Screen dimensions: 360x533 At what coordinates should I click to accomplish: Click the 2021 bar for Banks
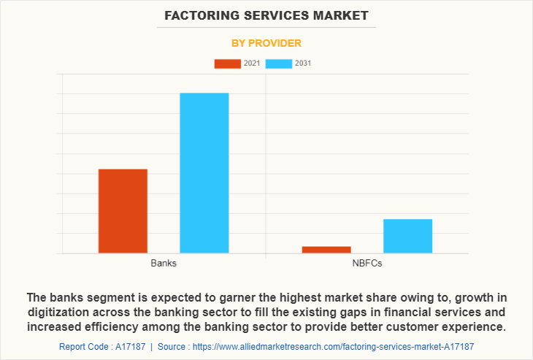pos(123,211)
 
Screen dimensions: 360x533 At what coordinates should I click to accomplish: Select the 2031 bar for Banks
pos(204,173)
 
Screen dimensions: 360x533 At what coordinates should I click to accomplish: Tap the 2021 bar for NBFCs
pos(326,250)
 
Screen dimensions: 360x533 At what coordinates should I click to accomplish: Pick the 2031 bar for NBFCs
pos(407,236)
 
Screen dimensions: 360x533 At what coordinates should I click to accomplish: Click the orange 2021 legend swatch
pos(227,64)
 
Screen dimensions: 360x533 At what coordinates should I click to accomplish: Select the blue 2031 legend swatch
pos(278,64)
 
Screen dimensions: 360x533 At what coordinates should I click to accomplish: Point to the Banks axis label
pos(164,263)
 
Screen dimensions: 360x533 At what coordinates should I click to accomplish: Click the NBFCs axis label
pos(367,263)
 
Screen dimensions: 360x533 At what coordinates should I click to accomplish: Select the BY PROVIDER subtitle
pos(266,43)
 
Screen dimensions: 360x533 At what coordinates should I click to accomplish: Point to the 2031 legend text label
pos(303,64)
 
